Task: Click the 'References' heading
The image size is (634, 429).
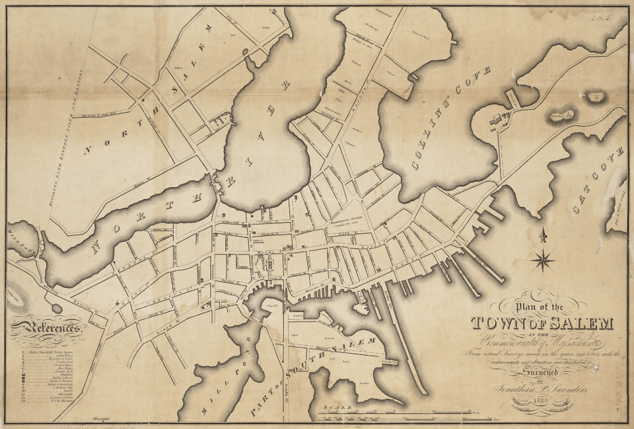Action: pyautogui.click(x=47, y=327)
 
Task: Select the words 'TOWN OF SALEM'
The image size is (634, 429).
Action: pyautogui.click(x=542, y=323)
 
